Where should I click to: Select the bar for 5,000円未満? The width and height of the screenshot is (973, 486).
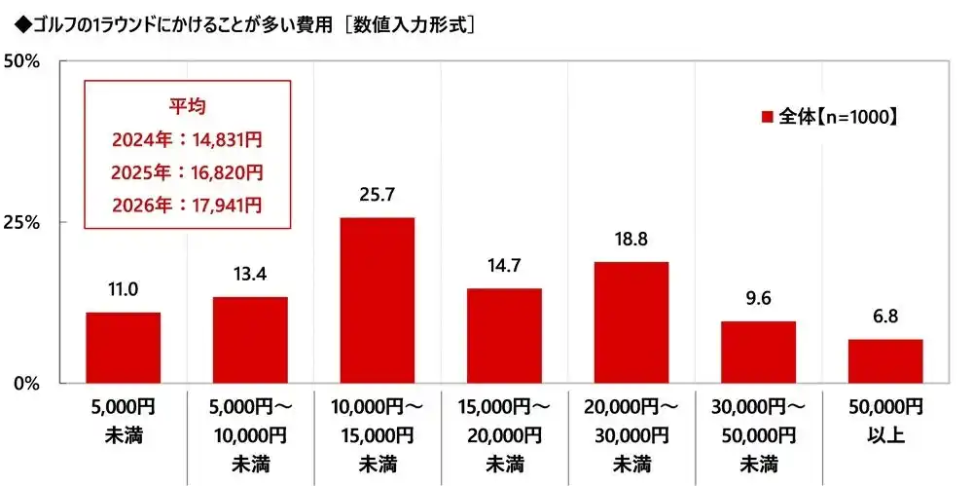pos(123,348)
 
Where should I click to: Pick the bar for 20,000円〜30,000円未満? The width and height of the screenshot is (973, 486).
pos(631,322)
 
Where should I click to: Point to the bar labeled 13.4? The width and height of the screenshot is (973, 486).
pos(250,340)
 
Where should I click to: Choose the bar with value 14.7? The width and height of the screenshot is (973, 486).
pos(504,336)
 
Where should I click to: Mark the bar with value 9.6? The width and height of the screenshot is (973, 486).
pos(758,352)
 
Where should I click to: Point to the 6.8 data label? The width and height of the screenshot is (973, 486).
pos(884,318)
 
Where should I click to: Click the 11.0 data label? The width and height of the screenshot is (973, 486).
pos(123,290)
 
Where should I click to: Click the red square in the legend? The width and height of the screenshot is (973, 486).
pos(767,117)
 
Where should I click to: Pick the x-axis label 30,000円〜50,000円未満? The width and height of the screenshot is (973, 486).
pos(758,432)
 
